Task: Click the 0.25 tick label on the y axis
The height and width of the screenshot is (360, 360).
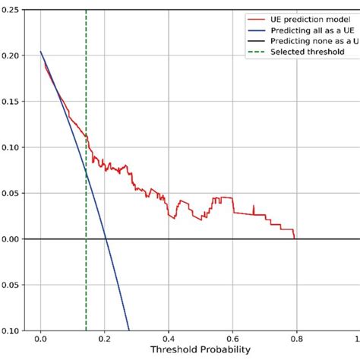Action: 12,10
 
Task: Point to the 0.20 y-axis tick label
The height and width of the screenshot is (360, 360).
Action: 12,56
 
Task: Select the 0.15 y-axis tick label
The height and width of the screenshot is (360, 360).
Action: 12,102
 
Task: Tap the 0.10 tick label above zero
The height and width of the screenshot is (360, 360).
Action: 12,147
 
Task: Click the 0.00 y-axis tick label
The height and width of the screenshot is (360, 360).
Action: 12,239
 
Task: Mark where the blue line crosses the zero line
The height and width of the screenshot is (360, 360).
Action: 106,239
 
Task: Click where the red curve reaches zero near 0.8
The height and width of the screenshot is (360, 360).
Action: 295,238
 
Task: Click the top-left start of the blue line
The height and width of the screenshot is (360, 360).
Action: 41,52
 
